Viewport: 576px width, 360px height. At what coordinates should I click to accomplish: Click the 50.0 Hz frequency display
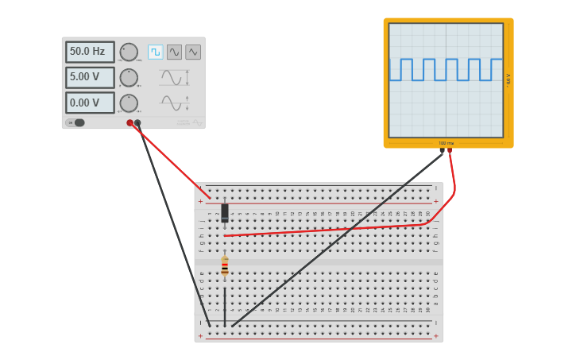click(x=89, y=52)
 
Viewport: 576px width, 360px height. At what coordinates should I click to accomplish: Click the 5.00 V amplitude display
click(x=89, y=77)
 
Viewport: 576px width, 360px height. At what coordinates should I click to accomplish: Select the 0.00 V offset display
click(x=89, y=103)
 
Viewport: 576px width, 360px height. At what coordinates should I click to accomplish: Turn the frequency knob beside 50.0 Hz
click(x=129, y=52)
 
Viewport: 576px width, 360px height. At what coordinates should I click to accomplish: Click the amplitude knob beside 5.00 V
click(x=129, y=77)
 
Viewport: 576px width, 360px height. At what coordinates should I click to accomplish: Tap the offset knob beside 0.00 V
click(x=129, y=103)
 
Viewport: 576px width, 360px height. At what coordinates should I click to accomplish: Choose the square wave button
click(x=155, y=52)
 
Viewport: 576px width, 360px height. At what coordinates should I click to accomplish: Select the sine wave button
click(x=174, y=52)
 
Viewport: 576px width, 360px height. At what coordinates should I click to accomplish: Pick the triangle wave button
click(x=193, y=52)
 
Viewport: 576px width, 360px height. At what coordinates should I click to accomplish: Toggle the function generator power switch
click(x=76, y=122)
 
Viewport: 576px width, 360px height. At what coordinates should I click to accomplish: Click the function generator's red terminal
click(x=130, y=123)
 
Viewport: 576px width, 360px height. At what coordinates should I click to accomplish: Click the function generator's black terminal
click(x=137, y=123)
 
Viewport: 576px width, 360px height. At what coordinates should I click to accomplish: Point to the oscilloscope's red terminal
click(x=450, y=150)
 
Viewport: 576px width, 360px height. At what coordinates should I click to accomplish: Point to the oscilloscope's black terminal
click(x=442, y=150)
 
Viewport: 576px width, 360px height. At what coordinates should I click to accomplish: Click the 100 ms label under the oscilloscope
click(x=446, y=143)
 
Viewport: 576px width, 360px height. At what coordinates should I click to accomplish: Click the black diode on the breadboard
click(x=225, y=212)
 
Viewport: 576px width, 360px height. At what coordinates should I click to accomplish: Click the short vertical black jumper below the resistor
click(x=225, y=306)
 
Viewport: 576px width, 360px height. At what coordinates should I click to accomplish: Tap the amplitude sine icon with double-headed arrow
click(x=173, y=77)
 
